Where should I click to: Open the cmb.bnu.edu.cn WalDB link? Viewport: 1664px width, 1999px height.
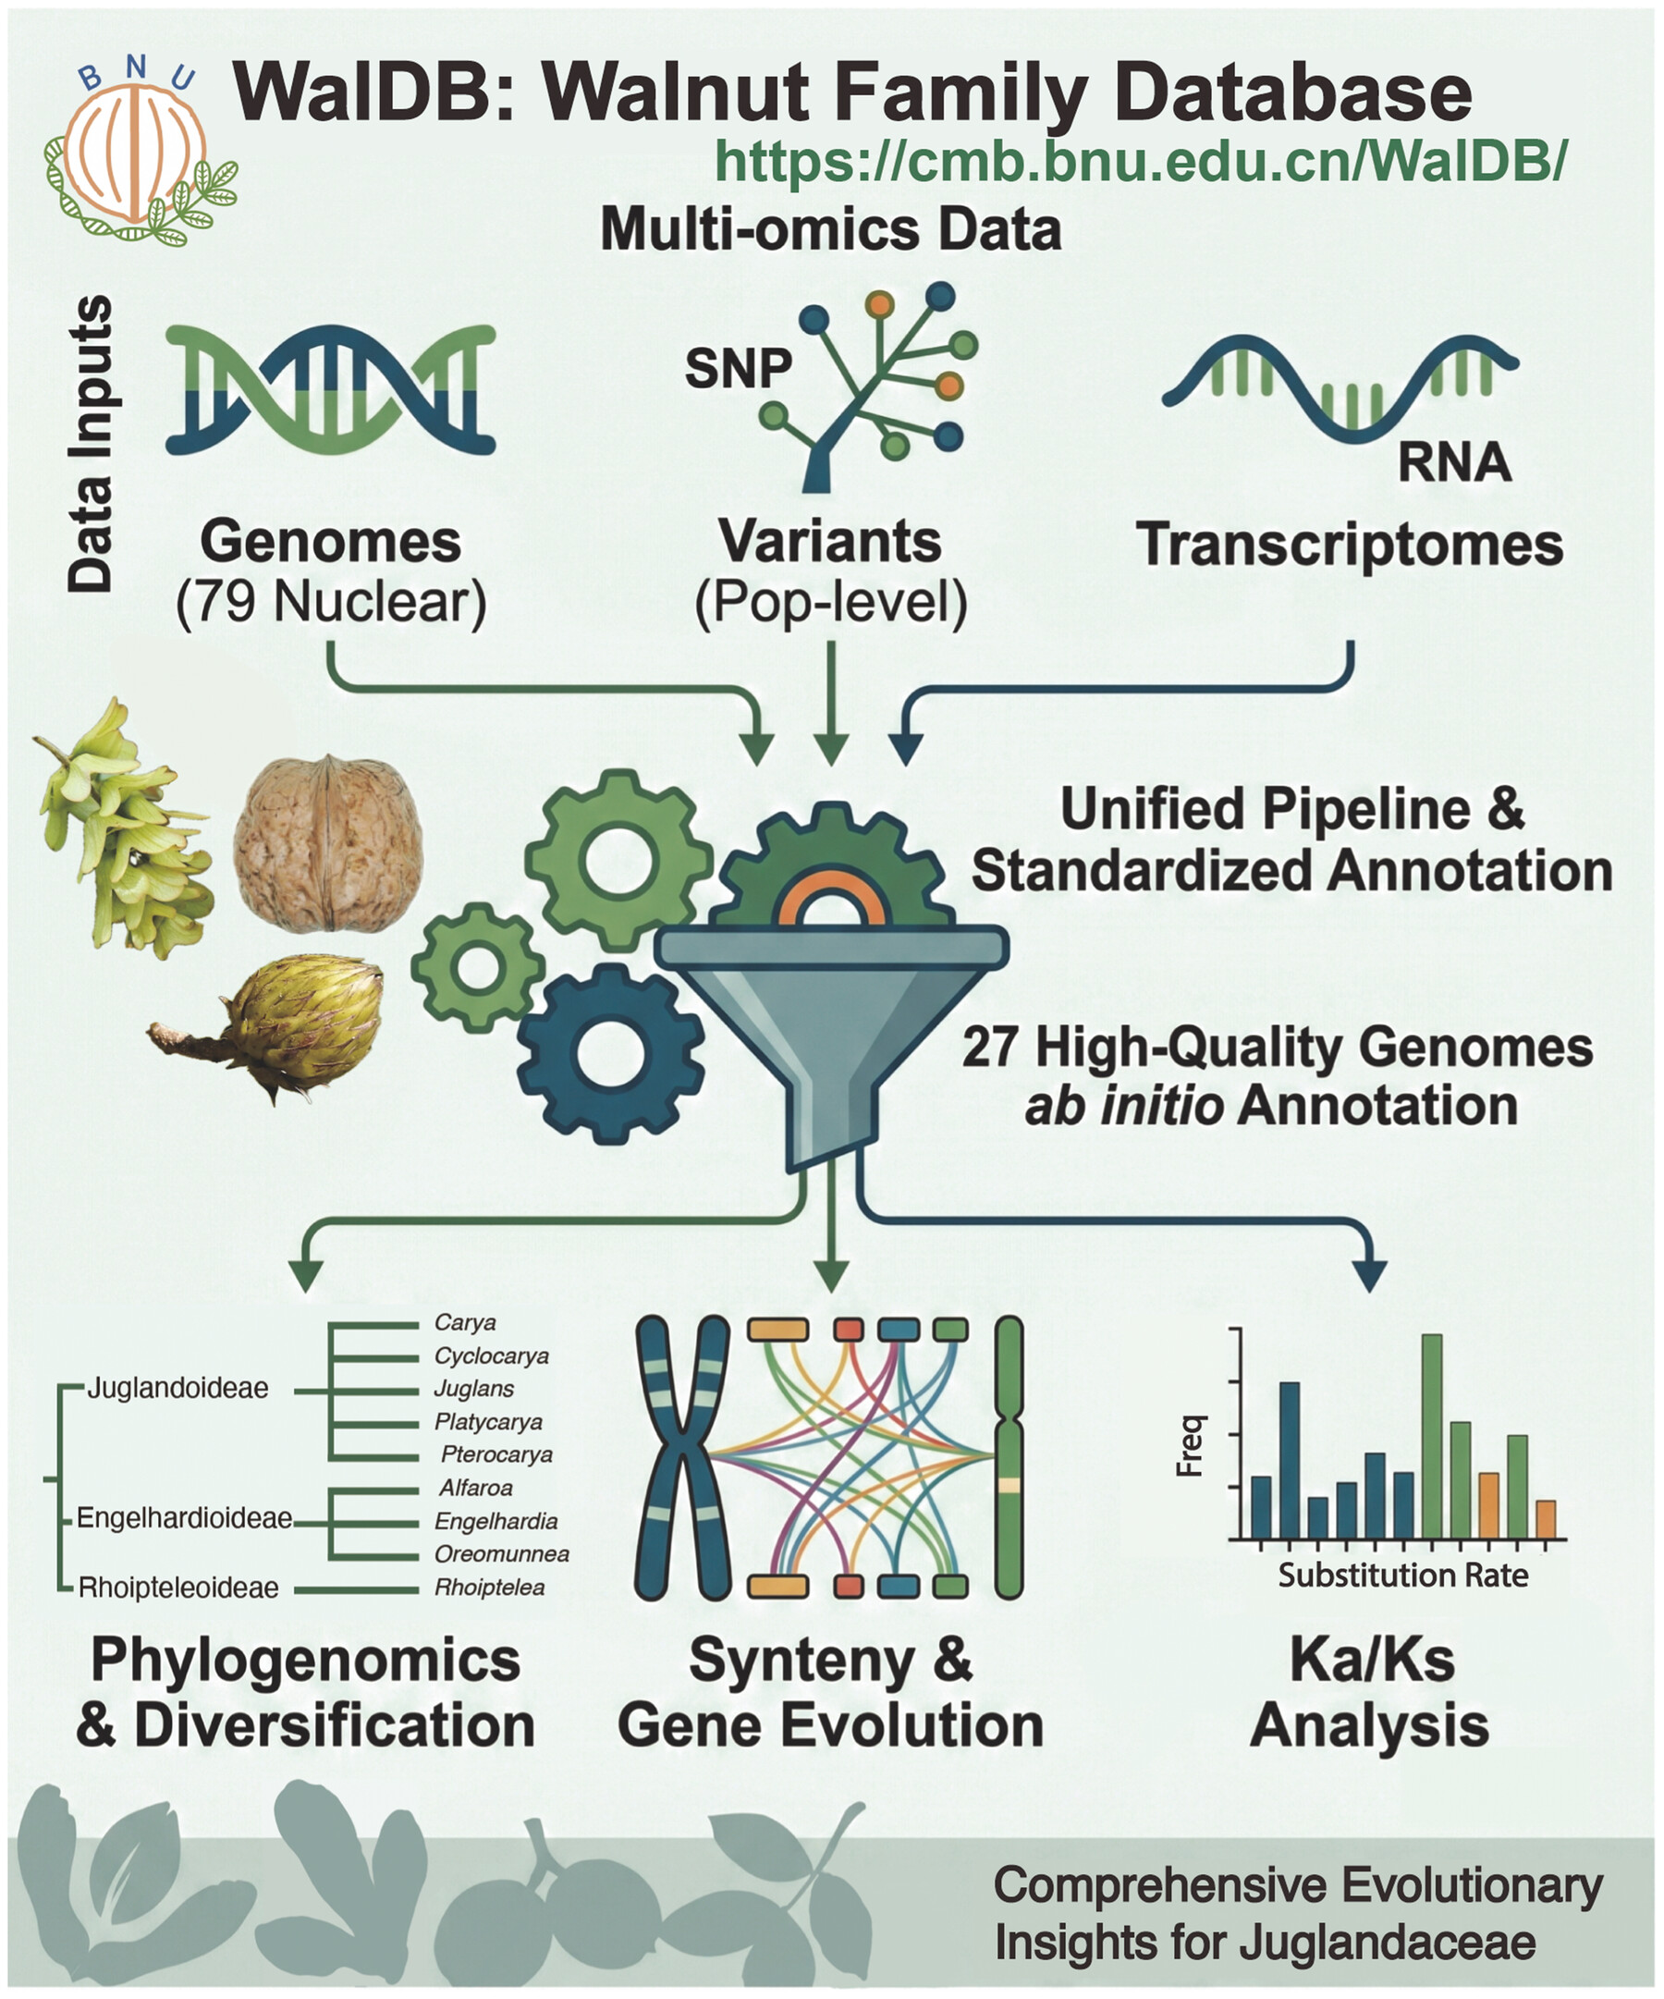[1141, 161]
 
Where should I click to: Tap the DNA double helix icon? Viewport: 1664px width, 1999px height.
[330, 389]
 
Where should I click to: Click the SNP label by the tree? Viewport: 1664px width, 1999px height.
[738, 368]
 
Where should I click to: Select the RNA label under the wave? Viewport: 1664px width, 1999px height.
[1453, 461]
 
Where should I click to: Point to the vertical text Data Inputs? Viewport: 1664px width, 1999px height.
[92, 444]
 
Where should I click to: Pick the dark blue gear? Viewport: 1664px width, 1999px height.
[610, 1053]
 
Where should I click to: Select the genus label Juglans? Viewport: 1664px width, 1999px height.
[474, 1389]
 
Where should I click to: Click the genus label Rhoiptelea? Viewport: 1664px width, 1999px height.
[489, 1587]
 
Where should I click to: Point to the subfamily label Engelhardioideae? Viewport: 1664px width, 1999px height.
[184, 1517]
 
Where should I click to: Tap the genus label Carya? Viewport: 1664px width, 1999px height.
[465, 1322]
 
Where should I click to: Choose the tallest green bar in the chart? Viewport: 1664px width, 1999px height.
[1431, 1437]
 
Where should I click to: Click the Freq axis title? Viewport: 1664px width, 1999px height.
[1191, 1446]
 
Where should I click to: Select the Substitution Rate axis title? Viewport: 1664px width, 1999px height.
[1403, 1576]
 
